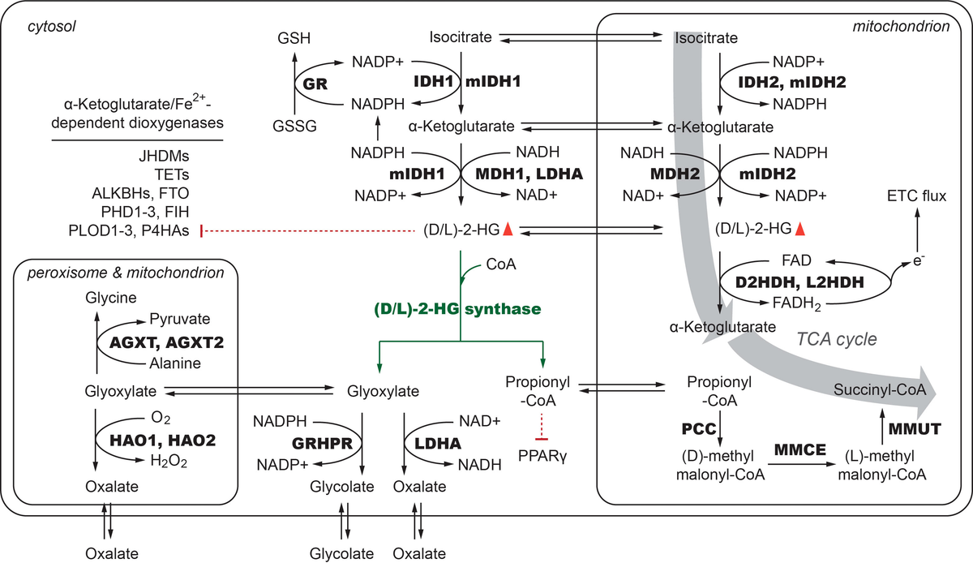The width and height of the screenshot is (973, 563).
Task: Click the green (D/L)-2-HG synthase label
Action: point(456,309)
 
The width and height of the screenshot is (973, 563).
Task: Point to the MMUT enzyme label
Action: point(915,428)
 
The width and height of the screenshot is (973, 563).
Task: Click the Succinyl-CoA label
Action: point(879,390)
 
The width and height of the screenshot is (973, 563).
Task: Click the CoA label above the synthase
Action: point(500,264)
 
